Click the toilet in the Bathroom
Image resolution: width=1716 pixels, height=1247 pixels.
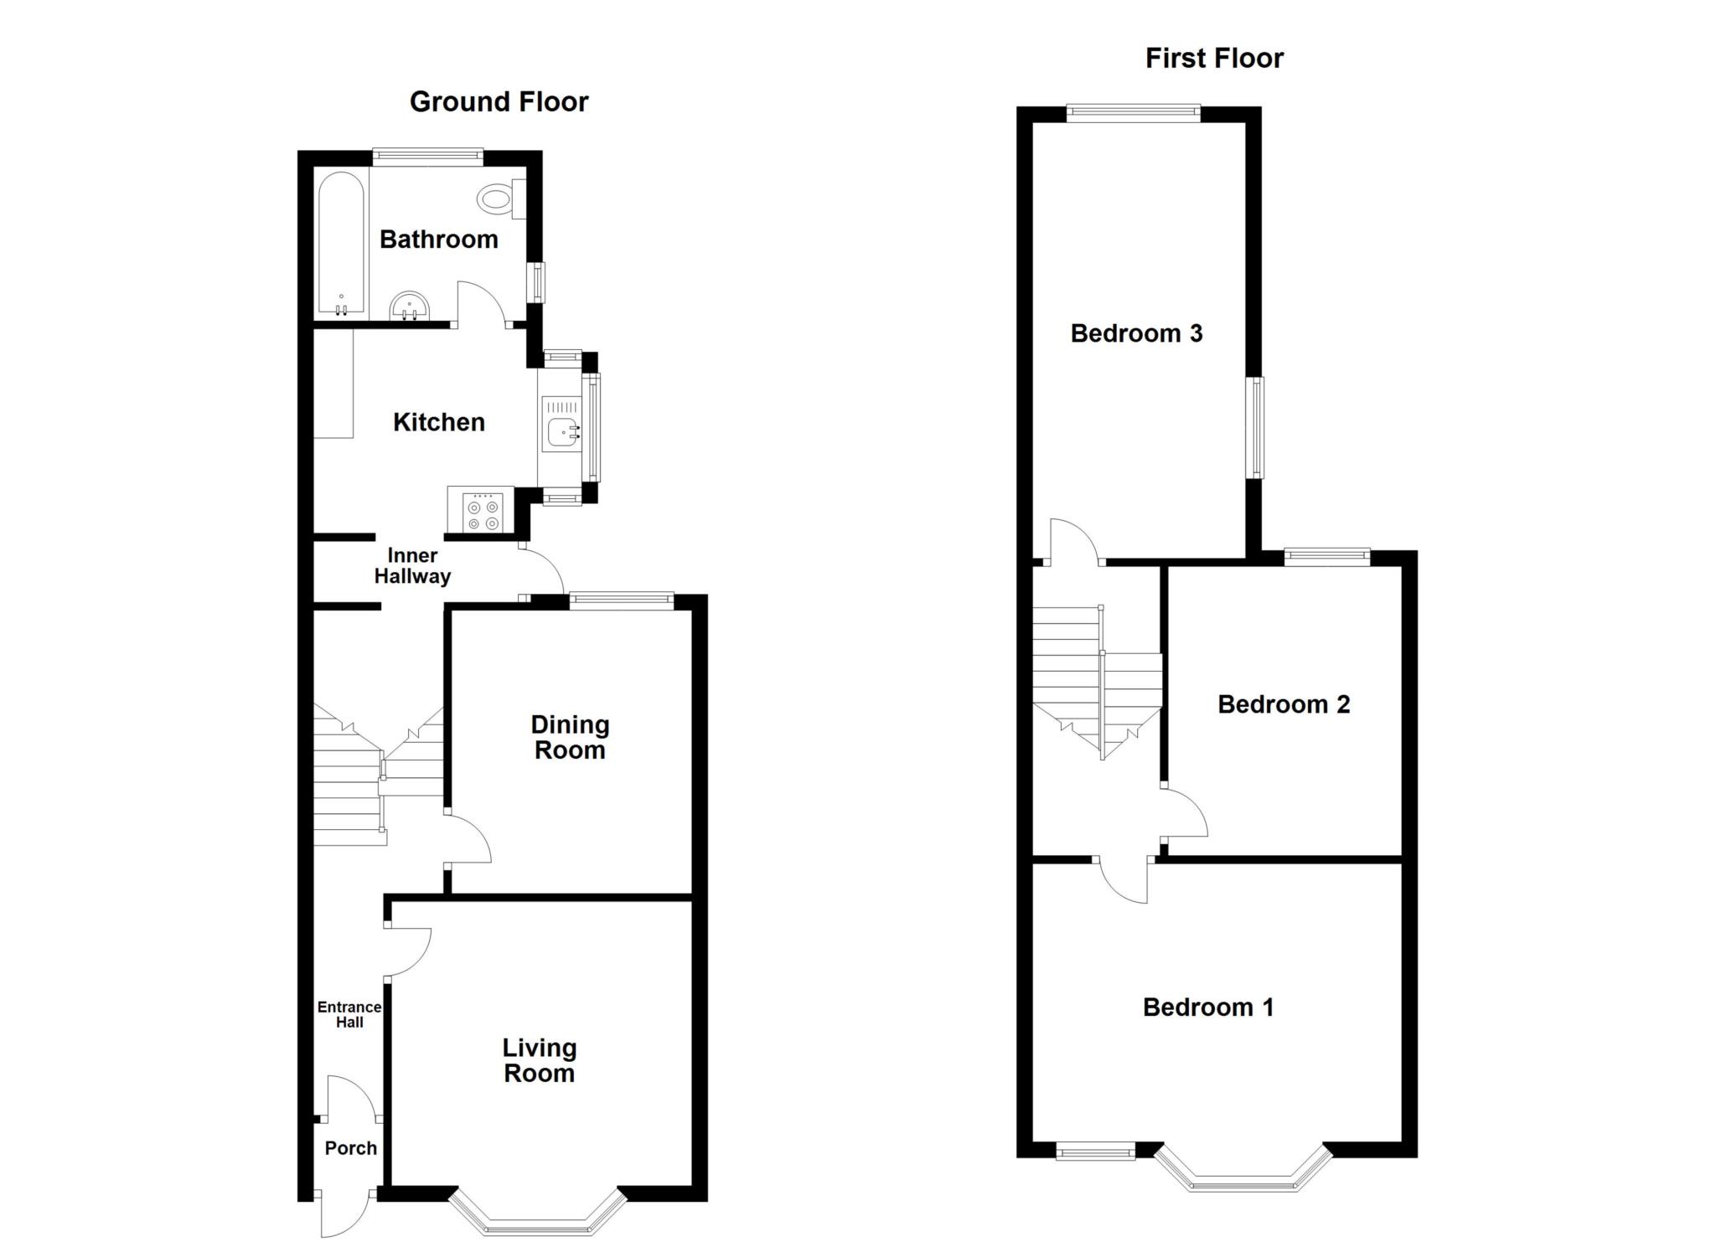coord(501,199)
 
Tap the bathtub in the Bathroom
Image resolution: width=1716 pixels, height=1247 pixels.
coord(341,245)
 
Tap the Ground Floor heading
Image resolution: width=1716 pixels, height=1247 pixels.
coord(499,102)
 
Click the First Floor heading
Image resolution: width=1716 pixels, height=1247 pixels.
coord(1214,59)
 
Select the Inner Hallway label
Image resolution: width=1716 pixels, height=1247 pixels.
coord(412,566)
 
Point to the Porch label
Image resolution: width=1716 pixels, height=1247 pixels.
coord(350,1148)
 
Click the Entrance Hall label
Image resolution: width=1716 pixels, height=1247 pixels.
coord(349,1014)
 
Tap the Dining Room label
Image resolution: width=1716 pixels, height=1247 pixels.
coord(570,737)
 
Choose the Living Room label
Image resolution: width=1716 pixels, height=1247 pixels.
coord(539,1060)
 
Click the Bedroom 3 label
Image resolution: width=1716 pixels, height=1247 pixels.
coord(1136,333)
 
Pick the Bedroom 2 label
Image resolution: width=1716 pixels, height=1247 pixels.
coord(1284,704)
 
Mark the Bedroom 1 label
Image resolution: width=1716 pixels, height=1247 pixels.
coord(1208,1007)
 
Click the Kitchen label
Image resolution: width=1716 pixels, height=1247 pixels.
coord(439,422)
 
